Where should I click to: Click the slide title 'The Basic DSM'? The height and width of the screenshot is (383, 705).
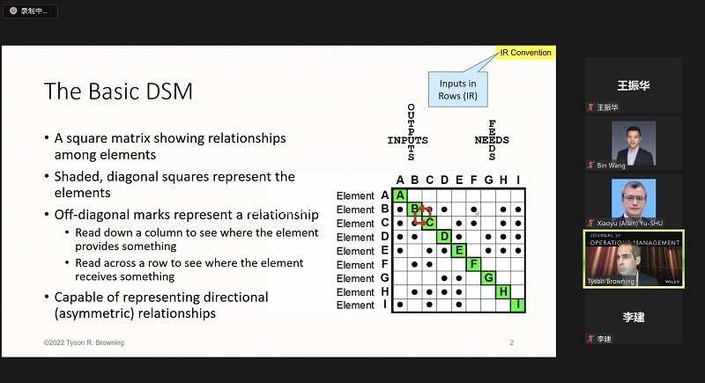(118, 92)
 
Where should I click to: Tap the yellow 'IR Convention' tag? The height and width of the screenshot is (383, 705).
(525, 53)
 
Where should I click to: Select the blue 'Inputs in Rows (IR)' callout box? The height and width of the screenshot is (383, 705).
(457, 89)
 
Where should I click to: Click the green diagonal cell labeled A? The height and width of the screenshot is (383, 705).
(400, 195)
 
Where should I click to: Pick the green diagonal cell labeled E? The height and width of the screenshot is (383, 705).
(458, 251)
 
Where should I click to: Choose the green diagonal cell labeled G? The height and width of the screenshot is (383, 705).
(488, 278)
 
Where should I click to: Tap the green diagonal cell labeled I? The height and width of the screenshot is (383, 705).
(518, 306)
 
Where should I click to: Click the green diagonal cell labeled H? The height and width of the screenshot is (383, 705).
(503, 291)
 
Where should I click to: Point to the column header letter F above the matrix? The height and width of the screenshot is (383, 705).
(473, 180)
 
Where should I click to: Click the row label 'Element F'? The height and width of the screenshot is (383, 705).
(362, 264)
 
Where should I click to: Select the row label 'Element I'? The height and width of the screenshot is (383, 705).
(361, 306)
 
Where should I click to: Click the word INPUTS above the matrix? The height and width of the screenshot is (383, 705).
(407, 140)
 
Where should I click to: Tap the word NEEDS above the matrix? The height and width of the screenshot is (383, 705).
(492, 140)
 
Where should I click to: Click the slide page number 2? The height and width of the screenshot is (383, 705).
(512, 342)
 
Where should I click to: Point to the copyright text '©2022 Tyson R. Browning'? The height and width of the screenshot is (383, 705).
(84, 342)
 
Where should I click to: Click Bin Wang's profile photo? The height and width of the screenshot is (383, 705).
(634, 144)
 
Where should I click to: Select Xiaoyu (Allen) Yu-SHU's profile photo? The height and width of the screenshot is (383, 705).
(634, 199)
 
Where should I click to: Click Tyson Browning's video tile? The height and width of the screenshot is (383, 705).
(634, 259)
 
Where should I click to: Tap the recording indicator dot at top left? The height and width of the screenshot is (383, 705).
(13, 11)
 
